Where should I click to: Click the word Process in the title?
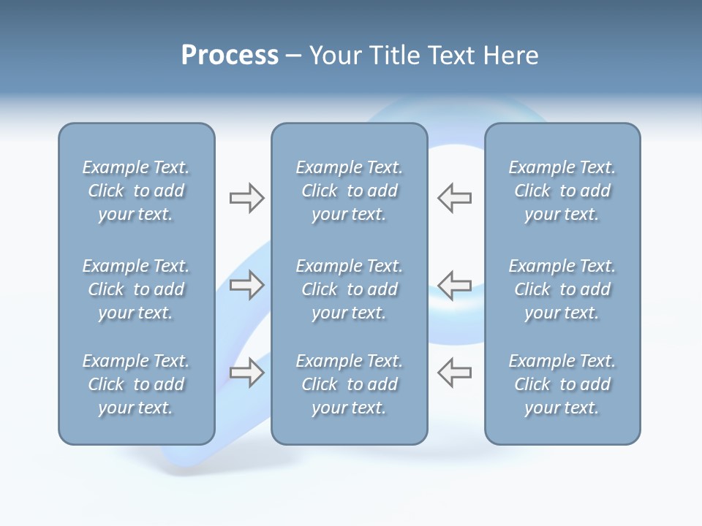(230, 56)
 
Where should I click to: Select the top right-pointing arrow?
(246, 198)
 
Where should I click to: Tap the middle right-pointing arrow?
(246, 285)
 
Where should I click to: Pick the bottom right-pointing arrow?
(246, 372)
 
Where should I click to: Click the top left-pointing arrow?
(455, 198)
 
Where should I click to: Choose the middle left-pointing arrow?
(455, 285)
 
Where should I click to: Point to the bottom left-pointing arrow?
(455, 372)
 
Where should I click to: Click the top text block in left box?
(136, 191)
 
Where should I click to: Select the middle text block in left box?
(136, 289)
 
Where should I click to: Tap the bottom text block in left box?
(136, 384)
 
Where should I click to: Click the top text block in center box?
(349, 191)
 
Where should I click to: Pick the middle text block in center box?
(349, 289)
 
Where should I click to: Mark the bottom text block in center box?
(349, 384)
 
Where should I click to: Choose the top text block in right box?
(562, 191)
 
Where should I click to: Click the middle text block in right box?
(562, 289)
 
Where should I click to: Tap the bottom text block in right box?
(562, 384)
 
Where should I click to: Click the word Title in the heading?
(393, 56)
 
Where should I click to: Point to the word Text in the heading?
(449, 56)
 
